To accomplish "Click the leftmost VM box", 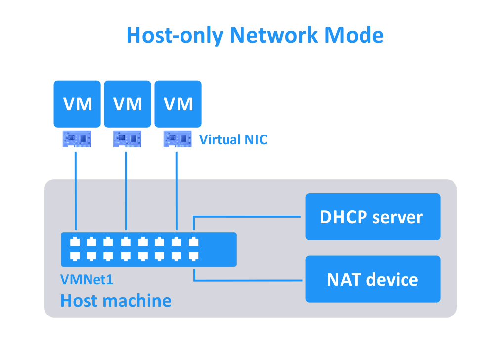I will click(x=77, y=104).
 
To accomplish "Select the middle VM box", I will click(x=128, y=104).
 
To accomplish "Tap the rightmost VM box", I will click(x=178, y=104).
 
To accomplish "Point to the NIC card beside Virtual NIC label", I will click(x=177, y=139).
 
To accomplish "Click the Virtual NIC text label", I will click(x=233, y=140).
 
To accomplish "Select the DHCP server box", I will click(x=372, y=217).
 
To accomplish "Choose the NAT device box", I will click(x=372, y=279).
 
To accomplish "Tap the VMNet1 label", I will click(x=87, y=280).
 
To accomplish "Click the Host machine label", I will click(x=116, y=300).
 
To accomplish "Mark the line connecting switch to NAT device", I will click(x=247, y=280).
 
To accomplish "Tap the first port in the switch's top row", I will click(x=75, y=242).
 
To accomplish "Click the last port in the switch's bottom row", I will click(x=193, y=256).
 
